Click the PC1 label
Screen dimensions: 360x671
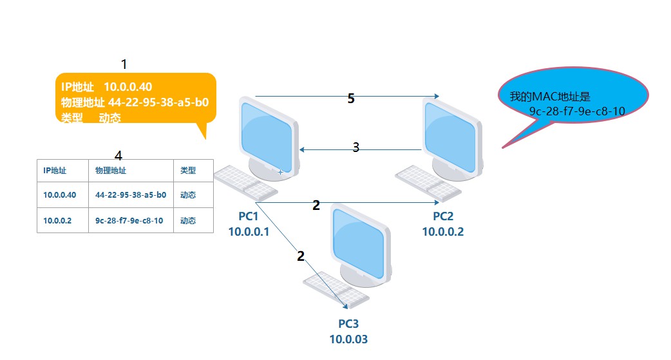click(248, 216)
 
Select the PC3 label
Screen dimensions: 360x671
click(351, 323)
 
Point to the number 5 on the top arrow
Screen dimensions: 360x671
click(351, 99)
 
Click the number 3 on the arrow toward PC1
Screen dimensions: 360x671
click(355, 147)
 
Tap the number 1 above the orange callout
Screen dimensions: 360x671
click(124, 64)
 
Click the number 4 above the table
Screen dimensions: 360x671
click(118, 155)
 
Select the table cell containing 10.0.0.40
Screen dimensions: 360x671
click(60, 194)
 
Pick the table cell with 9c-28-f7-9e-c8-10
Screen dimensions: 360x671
click(129, 220)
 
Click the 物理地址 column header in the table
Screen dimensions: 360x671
click(111, 171)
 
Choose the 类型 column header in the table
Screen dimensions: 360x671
click(187, 171)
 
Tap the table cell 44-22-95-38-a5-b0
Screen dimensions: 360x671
click(131, 194)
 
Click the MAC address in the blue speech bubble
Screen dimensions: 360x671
click(577, 111)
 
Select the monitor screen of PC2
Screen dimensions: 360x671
click(453, 136)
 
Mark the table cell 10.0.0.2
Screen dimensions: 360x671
click(57, 220)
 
